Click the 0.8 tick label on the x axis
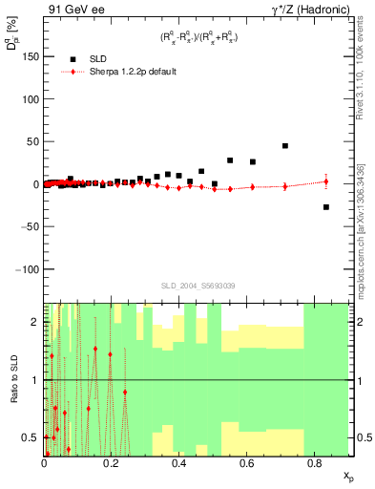pos(314,463)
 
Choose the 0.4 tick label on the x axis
pos(178,463)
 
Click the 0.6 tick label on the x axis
pos(246,463)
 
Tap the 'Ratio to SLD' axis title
pos(14,380)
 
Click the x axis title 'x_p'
pos(348,475)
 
